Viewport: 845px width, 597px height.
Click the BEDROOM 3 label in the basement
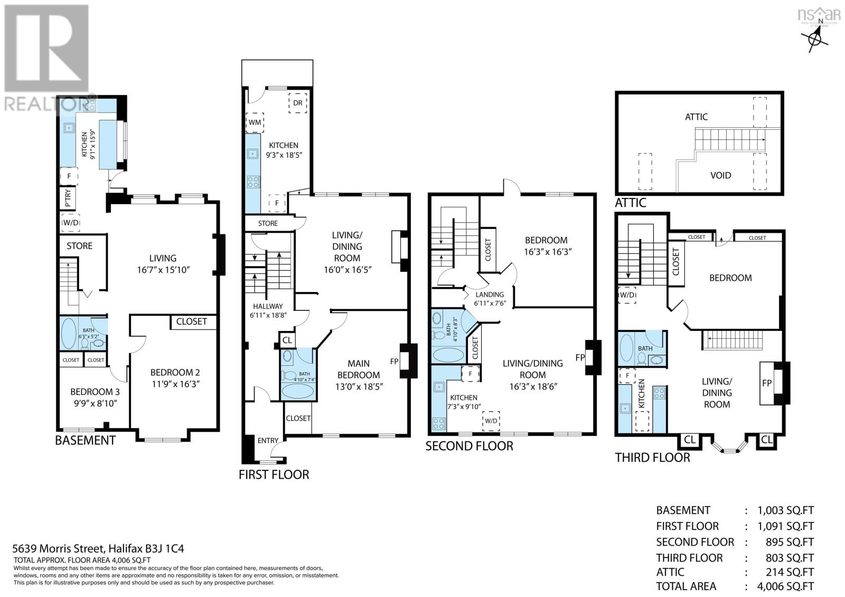95,392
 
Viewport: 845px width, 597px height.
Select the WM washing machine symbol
255,122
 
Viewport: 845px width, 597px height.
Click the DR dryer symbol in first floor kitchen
298,103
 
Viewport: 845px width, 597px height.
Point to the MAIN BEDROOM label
359,364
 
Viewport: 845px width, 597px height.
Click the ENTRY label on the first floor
268,441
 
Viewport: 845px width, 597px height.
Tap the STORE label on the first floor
268,223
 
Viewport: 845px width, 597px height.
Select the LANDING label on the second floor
490,295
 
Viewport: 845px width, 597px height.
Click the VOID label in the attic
720,175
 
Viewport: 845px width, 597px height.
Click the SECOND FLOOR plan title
469,446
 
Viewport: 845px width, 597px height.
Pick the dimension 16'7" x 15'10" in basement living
163,270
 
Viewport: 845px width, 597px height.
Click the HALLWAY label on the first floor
267,306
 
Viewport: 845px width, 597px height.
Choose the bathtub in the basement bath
68,333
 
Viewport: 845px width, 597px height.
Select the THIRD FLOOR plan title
652,457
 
